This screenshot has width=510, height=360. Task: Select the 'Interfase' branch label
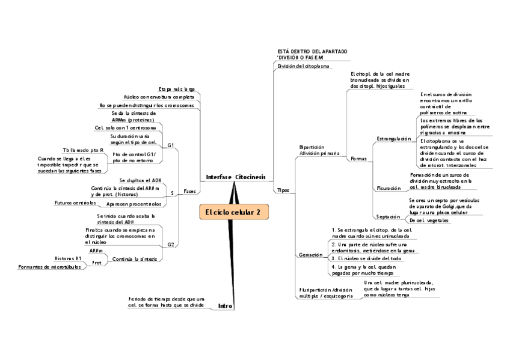218,177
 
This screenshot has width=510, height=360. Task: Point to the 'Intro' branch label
226,306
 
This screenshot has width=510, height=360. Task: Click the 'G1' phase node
171,145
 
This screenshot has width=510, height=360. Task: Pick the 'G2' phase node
171,245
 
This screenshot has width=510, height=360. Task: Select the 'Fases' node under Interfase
189,191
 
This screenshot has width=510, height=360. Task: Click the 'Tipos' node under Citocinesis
283,190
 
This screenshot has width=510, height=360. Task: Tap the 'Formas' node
358,158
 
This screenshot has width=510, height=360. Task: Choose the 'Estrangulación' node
394,139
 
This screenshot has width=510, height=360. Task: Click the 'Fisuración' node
388,188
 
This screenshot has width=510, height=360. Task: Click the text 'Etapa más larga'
177,89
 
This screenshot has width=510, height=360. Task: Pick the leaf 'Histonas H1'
68,258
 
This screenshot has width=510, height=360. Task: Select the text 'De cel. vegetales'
428,221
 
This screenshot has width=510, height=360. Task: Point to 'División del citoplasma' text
303,66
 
